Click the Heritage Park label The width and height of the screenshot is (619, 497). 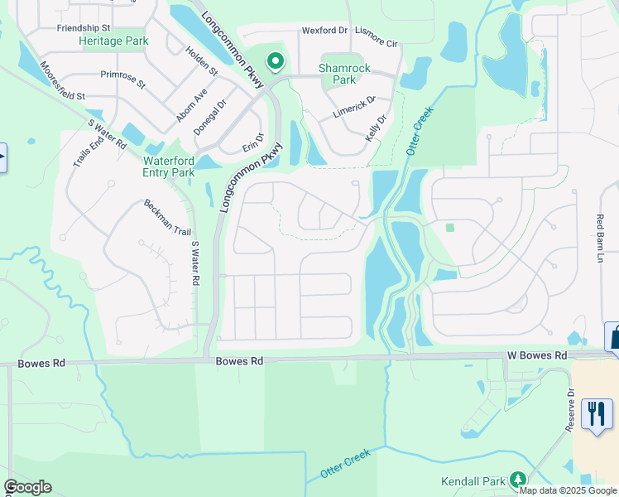point(113,41)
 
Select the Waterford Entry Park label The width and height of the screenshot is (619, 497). point(169,166)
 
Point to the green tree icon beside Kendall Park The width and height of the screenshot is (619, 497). point(517,480)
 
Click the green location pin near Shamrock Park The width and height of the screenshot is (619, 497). point(275,61)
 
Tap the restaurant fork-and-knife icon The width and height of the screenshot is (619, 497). point(597,413)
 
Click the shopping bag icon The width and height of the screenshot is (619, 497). point(615,338)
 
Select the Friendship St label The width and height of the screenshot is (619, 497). point(84,28)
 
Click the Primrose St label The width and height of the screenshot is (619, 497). point(122,80)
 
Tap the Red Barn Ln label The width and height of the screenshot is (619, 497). point(602,239)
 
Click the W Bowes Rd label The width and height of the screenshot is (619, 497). point(537,355)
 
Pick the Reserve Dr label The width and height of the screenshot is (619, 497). point(570,410)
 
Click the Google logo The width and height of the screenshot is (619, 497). point(27,487)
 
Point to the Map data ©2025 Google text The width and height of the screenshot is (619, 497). point(568,490)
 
